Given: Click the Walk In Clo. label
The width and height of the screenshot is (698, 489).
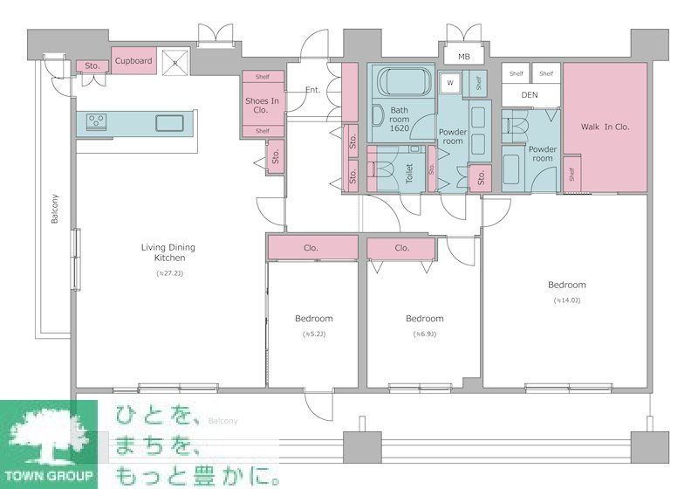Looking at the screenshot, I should (606, 127).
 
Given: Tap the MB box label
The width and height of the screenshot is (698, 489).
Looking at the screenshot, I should (464, 57).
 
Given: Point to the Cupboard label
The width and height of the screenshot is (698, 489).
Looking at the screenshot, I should (133, 61).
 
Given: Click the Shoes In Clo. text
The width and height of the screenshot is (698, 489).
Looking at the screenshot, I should (262, 106).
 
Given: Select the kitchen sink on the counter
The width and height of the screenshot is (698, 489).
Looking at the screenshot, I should (169, 122).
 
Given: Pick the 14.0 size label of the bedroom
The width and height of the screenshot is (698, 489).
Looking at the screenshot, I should (566, 301).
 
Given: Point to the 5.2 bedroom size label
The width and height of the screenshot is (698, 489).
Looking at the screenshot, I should (313, 334).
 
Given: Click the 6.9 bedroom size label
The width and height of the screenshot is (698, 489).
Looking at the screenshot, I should (424, 334).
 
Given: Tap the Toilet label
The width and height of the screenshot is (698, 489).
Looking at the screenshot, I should (408, 172).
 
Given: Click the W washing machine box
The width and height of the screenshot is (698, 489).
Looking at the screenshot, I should (451, 83).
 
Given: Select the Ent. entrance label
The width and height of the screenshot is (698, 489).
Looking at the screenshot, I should (313, 90).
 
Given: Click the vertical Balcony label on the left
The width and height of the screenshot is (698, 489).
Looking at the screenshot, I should (54, 208).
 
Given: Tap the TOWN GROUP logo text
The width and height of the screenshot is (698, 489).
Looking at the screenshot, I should (50, 475).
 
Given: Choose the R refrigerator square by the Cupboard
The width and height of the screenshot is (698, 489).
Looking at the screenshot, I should (174, 63).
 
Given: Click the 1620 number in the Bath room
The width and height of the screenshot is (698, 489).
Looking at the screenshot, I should (400, 127).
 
